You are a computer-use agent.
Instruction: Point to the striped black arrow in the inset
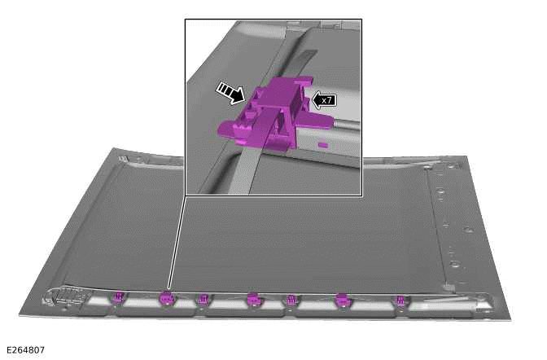point(230,93)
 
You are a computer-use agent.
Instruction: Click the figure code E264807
point(26,350)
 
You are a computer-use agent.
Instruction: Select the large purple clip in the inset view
point(273,112)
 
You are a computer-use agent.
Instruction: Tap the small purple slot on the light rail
point(322,144)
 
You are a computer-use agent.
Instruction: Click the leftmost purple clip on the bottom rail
point(119,297)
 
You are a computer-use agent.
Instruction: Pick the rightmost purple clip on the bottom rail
point(400,301)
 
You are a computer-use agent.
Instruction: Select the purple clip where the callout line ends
point(167,298)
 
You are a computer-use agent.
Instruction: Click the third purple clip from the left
point(203,299)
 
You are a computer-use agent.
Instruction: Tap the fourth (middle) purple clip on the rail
point(255,300)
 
